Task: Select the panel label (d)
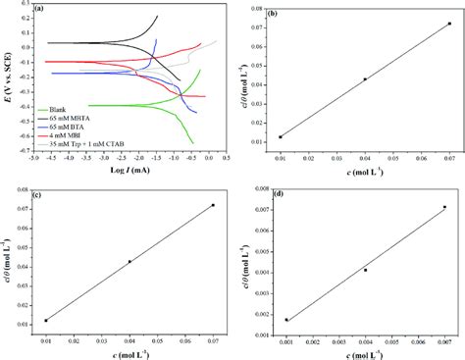click(280, 192)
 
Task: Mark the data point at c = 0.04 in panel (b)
click(365, 79)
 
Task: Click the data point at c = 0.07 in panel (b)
click(449, 24)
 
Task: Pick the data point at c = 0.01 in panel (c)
click(45, 320)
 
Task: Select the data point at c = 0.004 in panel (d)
click(365, 270)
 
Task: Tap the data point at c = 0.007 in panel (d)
click(444, 207)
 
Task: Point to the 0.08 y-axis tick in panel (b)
click(260, 8)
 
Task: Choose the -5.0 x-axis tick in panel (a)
click(34, 157)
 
